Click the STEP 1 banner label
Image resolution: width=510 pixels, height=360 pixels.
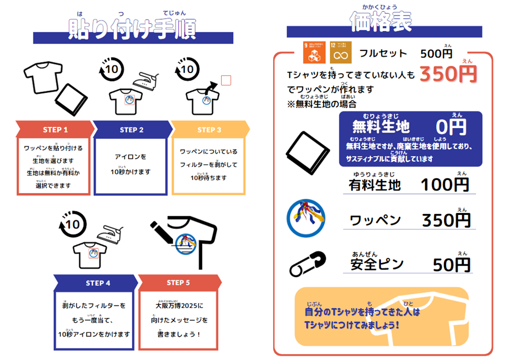[55, 129]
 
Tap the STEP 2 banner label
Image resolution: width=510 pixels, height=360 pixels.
[132, 129]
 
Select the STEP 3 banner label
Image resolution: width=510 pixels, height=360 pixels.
[209, 129]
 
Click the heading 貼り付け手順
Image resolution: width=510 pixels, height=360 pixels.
[132, 29]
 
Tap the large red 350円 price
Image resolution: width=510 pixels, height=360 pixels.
[448, 74]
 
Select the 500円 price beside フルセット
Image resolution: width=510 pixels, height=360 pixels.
[436, 53]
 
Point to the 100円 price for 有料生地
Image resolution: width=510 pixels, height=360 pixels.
[444, 184]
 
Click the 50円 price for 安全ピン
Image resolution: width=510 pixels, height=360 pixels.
[451, 264]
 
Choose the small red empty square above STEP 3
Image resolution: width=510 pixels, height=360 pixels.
[226, 80]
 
